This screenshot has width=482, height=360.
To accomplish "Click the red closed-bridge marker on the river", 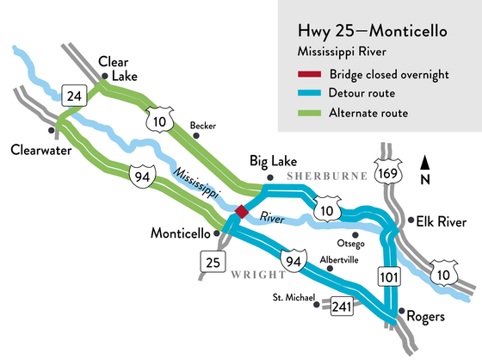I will [243, 211].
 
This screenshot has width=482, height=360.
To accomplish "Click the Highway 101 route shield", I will [386, 276].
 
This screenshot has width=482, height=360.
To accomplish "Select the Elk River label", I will [438, 220].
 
